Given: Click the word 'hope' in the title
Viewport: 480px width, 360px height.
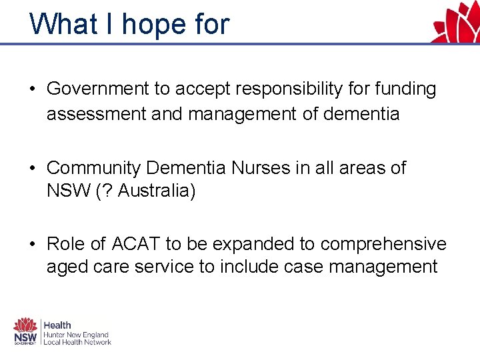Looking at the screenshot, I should (145, 25).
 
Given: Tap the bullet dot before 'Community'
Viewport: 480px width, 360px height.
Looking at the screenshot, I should (33, 168).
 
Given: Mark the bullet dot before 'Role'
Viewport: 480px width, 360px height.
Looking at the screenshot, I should (33, 244).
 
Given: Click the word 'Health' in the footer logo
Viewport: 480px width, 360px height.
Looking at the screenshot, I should (58, 325).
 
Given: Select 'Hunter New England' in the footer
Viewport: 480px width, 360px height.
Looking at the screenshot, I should (76, 334).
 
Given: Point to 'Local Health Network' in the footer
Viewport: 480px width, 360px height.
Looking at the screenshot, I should (77, 342).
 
